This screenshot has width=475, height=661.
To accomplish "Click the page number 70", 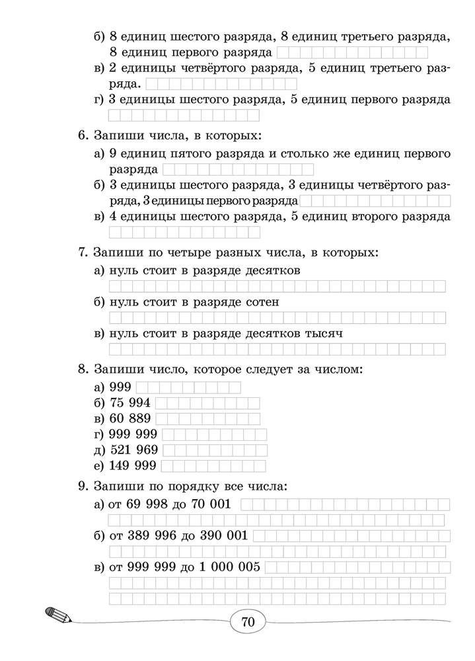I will pos(248,622).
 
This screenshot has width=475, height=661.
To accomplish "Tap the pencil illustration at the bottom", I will pos(57,614).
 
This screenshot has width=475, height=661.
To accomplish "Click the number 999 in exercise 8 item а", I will pos(121,387).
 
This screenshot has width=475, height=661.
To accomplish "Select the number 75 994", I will pos(131,403).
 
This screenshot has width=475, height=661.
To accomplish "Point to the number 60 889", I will pos(131,418).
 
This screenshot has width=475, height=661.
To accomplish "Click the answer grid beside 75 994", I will pos(207,403).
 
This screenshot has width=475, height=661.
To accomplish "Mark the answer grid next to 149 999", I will pos(214,466).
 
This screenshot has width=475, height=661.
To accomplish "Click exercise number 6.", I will pos(83,136).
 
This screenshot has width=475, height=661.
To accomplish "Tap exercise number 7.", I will pos(83,253).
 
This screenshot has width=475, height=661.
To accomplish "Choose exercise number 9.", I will pos(83,486).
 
